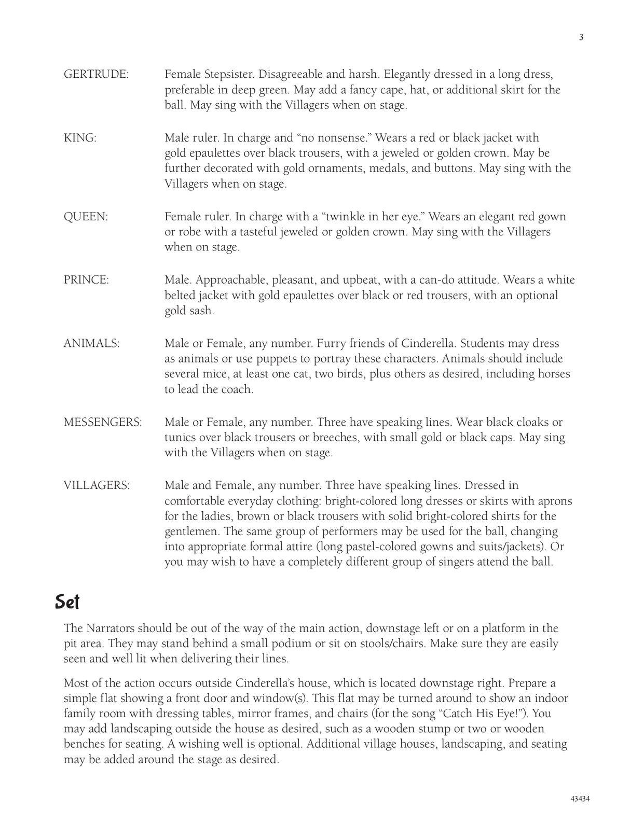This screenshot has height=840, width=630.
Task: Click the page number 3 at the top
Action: click(581, 37)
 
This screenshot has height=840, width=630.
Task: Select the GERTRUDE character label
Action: click(96, 74)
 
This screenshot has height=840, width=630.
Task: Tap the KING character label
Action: click(80, 138)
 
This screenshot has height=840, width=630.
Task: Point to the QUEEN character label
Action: click(86, 217)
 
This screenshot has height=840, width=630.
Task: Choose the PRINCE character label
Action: click(87, 280)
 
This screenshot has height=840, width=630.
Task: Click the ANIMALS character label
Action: click(92, 343)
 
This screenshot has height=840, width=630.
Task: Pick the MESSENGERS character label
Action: click(103, 422)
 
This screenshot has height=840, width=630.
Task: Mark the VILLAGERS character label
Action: click(97, 486)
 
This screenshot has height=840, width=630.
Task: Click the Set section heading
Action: click(67, 602)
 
